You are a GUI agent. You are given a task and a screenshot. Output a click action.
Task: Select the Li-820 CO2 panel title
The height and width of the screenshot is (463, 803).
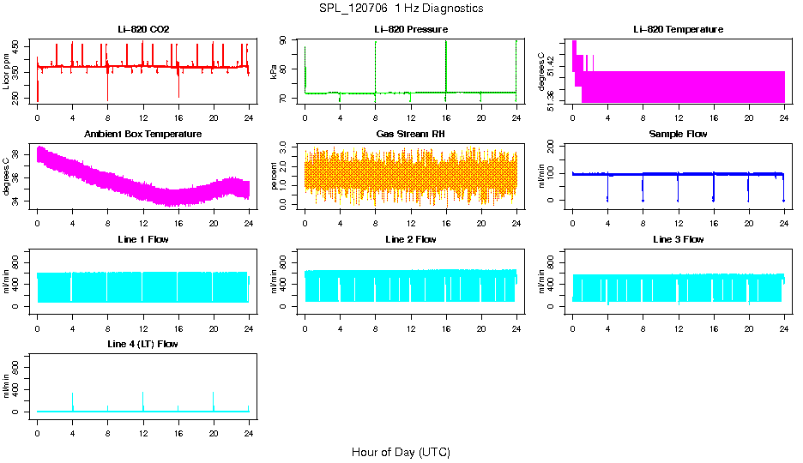coord(143,30)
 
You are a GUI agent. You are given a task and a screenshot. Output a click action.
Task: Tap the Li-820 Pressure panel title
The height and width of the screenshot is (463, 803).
coord(410,30)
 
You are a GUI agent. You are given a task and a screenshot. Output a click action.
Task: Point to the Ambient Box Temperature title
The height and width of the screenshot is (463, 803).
coord(143,135)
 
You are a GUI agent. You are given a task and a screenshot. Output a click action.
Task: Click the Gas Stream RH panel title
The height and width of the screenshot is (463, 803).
coord(410,135)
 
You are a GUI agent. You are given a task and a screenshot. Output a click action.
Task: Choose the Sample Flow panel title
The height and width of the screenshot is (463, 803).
coord(678,135)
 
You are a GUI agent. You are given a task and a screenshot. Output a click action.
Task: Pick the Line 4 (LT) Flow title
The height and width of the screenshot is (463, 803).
coord(143,344)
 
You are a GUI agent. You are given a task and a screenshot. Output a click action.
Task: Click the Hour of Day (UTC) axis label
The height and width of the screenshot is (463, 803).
coord(401,452)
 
